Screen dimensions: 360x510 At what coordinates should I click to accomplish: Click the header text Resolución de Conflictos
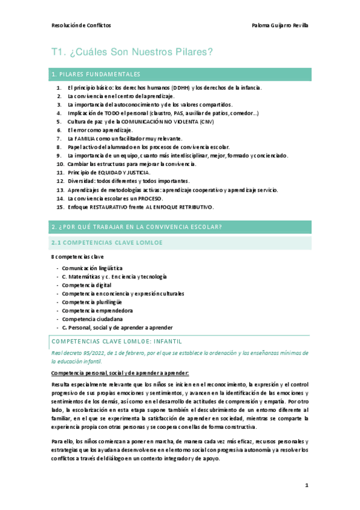(81, 25)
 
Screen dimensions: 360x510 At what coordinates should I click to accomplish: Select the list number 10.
(59, 164)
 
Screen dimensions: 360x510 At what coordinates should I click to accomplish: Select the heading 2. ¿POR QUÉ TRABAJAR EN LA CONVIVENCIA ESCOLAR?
(137, 226)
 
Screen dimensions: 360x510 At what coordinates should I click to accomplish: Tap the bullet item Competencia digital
(87, 284)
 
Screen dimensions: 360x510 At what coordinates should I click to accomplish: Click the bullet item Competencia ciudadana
(92, 319)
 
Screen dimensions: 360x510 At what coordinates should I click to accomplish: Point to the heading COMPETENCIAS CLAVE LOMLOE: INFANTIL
(112, 341)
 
